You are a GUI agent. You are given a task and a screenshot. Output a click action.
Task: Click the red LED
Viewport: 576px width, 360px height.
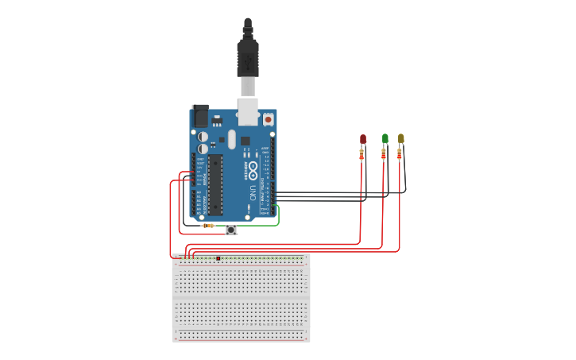pos(363,139)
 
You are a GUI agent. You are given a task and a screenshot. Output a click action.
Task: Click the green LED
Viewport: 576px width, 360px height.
pos(385,138)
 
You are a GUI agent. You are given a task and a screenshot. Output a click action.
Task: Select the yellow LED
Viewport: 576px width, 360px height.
pos(401,138)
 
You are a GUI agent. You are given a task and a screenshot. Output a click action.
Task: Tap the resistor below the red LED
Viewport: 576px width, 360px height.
pos(361,155)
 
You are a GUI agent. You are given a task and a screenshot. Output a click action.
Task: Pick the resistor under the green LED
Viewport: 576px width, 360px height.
pos(384,154)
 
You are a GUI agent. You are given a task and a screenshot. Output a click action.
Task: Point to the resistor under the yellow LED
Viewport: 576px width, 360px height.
pos(400,154)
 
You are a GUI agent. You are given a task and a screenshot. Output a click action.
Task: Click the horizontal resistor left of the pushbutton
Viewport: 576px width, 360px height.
pos(208,226)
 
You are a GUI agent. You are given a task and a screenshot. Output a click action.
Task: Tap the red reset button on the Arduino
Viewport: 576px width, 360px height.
pos(268,119)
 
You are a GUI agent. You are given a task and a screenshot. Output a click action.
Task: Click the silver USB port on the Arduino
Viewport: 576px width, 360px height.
pos(249,112)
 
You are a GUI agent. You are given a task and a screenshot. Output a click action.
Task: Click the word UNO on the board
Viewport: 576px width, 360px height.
pos(253,192)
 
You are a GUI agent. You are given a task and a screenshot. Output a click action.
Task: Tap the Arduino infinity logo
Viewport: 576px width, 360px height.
pos(253,168)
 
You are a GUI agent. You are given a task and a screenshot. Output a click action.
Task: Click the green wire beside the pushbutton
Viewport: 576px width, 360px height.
pos(262,225)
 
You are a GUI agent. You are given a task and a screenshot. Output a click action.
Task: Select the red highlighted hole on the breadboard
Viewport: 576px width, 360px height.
pos(218,258)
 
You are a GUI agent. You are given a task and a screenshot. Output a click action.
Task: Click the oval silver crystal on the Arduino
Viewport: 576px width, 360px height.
pos(232,140)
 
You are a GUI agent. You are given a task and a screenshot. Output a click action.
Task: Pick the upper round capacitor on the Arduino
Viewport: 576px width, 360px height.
pos(203,136)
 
